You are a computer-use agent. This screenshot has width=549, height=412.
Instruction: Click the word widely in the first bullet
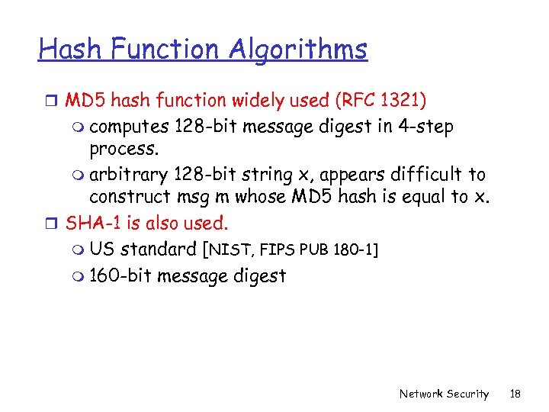click(x=260, y=100)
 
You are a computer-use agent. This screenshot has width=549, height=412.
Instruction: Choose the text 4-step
click(x=425, y=126)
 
